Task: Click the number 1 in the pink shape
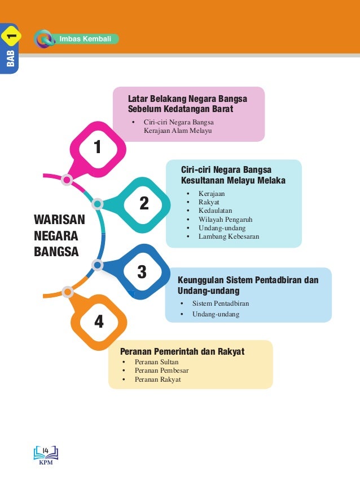(x=97, y=148)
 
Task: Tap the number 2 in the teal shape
(x=144, y=203)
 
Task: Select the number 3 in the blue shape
(x=142, y=272)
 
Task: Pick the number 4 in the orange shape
(x=99, y=321)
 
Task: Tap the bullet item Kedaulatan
(x=215, y=211)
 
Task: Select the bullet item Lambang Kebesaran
(x=229, y=236)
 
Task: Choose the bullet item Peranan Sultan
(x=156, y=362)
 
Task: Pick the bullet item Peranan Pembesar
(x=161, y=370)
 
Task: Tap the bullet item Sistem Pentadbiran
(x=220, y=303)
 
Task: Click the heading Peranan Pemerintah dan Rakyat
(x=178, y=352)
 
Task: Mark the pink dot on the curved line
(x=67, y=180)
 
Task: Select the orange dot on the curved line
(x=68, y=292)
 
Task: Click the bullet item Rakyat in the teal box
(x=209, y=202)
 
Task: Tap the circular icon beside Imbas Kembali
(x=43, y=39)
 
